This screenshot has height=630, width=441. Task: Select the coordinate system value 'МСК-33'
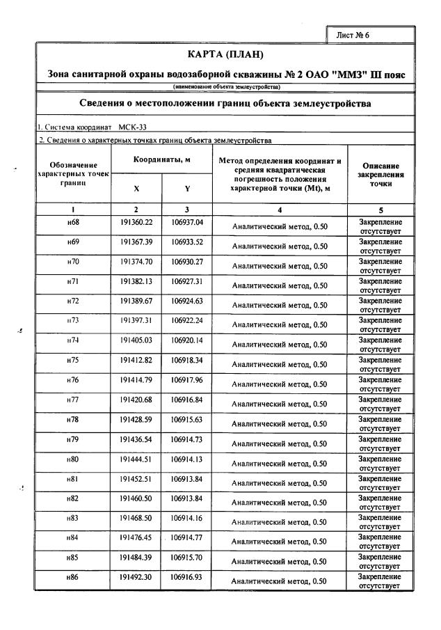pyautogui.click(x=132, y=127)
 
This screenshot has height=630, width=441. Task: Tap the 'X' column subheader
pyautogui.click(x=136, y=188)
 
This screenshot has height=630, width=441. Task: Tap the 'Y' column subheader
pyautogui.click(x=186, y=188)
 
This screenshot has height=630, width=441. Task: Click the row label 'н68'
pyautogui.click(x=72, y=222)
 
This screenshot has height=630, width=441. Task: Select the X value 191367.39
pyautogui.click(x=136, y=242)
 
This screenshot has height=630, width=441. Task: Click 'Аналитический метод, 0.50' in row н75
pyautogui.click(x=280, y=364)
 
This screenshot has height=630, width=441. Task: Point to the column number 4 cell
pyautogui.click(x=280, y=209)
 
